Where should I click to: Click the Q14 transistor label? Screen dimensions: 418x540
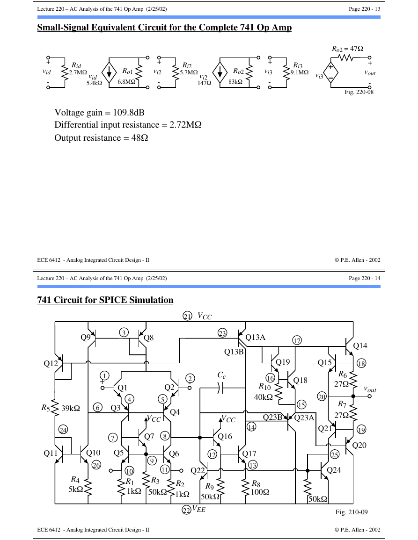[x=360, y=346]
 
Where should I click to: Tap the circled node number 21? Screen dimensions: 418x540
[x=187, y=316]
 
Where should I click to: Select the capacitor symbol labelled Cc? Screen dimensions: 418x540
[x=221, y=389]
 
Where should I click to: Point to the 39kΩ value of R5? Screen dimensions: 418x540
[x=71, y=409]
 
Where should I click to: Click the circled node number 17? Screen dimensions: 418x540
[x=297, y=341]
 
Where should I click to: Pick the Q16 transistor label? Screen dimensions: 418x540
[x=225, y=437]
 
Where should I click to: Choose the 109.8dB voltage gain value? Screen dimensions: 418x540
[x=129, y=113]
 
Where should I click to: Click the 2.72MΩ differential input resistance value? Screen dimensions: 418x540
[x=185, y=125]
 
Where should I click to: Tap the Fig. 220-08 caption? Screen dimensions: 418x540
[x=359, y=92]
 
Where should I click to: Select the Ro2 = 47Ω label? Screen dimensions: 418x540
[x=347, y=49]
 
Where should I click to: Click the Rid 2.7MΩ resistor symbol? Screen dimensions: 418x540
[x=64, y=72]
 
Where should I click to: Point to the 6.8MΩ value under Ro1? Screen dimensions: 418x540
[x=126, y=82]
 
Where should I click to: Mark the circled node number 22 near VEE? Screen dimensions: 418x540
[x=186, y=510]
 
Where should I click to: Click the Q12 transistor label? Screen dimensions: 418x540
[x=51, y=363]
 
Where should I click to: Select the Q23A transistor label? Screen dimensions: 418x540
[x=304, y=418]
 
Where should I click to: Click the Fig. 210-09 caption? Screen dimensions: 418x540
[x=352, y=512]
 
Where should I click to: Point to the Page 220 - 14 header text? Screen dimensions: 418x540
[x=365, y=278]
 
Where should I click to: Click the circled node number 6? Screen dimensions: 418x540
[x=98, y=408]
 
